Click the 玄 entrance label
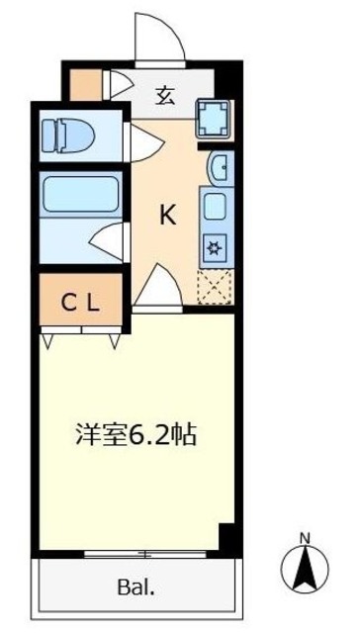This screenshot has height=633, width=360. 166,95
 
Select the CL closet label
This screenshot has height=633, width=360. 82,304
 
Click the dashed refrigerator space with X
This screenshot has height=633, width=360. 214,286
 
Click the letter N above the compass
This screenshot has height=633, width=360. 305,539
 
